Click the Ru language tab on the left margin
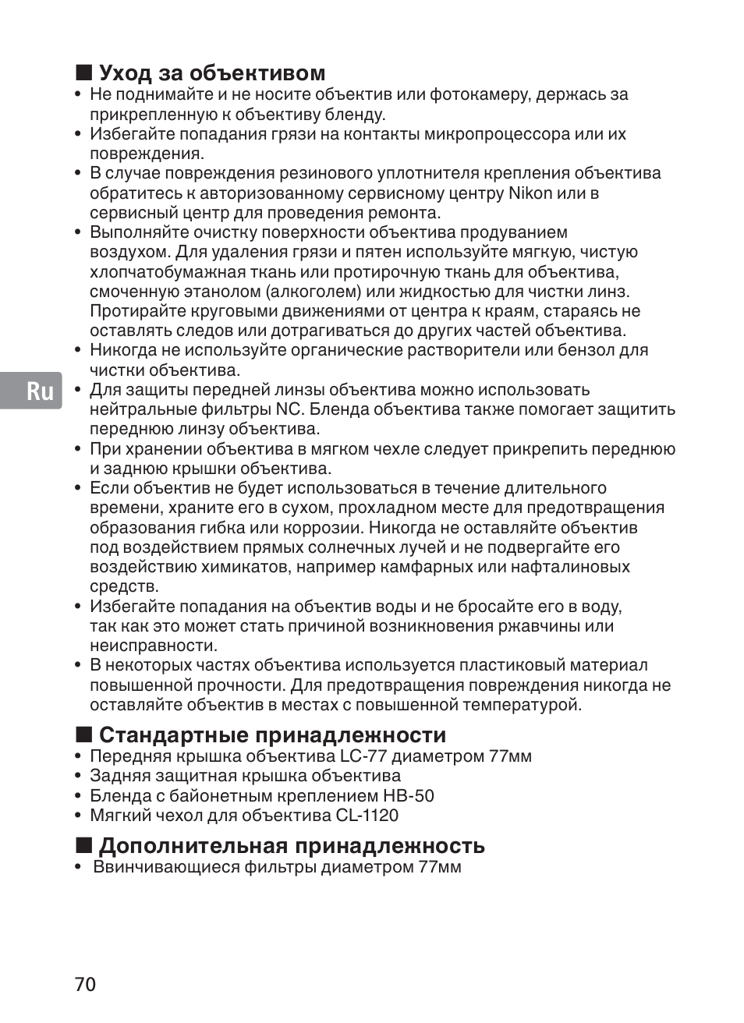click(41, 390)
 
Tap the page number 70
click(86, 984)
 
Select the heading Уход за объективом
click(211, 73)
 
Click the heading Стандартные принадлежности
click(272, 735)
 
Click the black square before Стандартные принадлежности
click(84, 735)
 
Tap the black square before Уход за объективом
click(84, 73)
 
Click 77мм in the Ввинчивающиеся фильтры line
click(439, 867)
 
